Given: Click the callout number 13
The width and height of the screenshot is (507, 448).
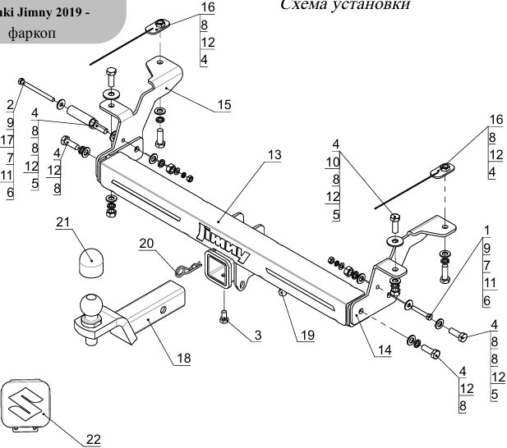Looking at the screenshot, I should pyautogui.click(x=274, y=154).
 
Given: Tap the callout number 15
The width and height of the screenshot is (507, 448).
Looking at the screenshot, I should pyautogui.click(x=224, y=104).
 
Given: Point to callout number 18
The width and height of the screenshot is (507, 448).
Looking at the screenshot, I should pyautogui.click(x=182, y=359).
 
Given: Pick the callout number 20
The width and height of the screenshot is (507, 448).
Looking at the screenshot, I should pyautogui.click(x=146, y=242).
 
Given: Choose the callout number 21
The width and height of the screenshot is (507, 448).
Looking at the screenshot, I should pyautogui.click(x=62, y=222).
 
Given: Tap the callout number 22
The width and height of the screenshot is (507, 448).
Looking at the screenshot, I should pyautogui.click(x=93, y=438).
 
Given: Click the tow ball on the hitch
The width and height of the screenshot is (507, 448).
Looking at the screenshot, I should pyautogui.click(x=90, y=305).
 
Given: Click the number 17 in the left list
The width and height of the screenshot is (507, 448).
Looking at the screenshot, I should pyautogui.click(x=7, y=139).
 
